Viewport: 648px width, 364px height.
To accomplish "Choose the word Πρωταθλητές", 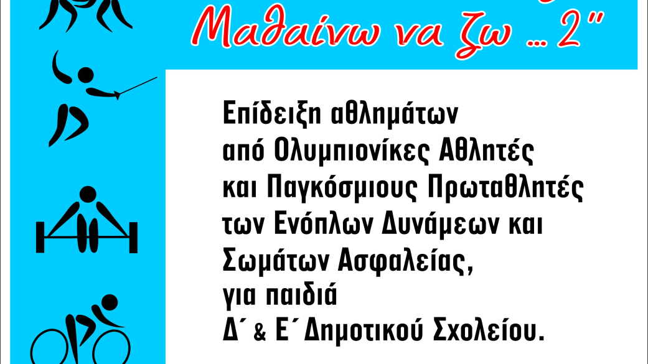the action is tap(505, 187).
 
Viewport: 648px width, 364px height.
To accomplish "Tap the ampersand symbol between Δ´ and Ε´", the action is tap(260, 333).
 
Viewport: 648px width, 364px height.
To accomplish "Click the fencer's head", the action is tap(86, 75).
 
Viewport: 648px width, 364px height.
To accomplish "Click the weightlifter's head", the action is tap(88, 194).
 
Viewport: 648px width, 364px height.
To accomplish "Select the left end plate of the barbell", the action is tap(40, 237).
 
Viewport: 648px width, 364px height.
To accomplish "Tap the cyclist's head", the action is tap(110, 302).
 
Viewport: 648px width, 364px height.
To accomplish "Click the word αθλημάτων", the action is tap(395, 114).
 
